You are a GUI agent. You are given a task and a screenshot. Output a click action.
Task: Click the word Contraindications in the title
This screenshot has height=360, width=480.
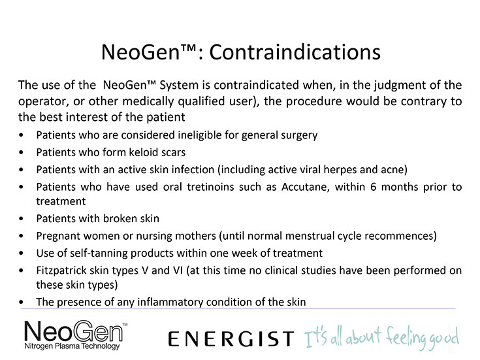coord(295,52)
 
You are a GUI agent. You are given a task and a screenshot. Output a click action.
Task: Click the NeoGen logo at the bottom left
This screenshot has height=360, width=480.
coord(76,335)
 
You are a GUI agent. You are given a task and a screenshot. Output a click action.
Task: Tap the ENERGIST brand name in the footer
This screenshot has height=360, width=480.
coord(231,339)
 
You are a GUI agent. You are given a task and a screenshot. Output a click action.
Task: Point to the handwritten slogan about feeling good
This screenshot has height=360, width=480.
coord(381,338)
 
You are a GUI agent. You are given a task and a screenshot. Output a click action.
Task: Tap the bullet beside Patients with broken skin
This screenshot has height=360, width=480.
coord(21,219)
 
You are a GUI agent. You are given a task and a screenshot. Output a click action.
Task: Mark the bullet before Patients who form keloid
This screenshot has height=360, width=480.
coord(21,152)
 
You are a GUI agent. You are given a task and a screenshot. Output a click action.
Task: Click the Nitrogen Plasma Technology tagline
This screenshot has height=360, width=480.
coord(72,346)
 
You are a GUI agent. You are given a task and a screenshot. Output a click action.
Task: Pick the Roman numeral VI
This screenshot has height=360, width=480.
coord(178,270)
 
